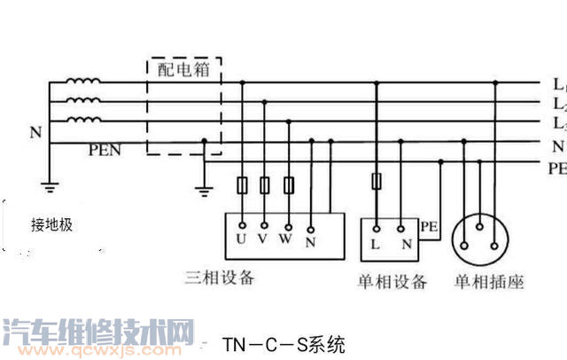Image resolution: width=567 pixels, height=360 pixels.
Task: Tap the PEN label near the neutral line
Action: tap(105, 151)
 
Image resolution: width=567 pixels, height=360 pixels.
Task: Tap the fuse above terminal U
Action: tap(242, 185)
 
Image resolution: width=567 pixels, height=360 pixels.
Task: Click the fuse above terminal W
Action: tap(288, 185)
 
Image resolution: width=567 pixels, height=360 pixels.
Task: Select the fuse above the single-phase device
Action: tap(377, 182)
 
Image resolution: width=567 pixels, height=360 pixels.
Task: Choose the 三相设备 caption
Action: tap(221, 277)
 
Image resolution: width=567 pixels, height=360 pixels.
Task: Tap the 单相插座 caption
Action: tap(489, 282)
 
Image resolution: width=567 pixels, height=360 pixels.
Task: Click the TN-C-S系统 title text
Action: tap(283, 343)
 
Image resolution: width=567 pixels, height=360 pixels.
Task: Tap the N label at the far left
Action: tap(35, 133)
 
